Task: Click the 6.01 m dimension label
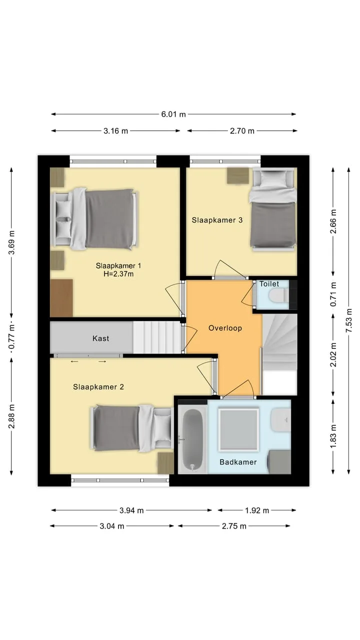point(173,114)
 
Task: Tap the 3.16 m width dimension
point(115,131)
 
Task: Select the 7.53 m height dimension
point(348,320)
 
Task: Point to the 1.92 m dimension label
point(257,510)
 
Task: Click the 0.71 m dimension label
point(333,294)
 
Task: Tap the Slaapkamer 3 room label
point(217,220)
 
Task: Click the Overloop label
point(225,328)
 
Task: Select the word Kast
point(100,338)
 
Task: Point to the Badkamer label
point(238,462)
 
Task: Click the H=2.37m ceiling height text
point(118,274)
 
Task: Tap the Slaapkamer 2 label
point(98,387)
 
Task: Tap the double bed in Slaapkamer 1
point(94,219)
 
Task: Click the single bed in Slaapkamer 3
point(273,209)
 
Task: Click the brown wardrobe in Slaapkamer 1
point(61,298)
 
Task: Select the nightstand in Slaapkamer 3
point(237,175)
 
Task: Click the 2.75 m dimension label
point(234,526)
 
